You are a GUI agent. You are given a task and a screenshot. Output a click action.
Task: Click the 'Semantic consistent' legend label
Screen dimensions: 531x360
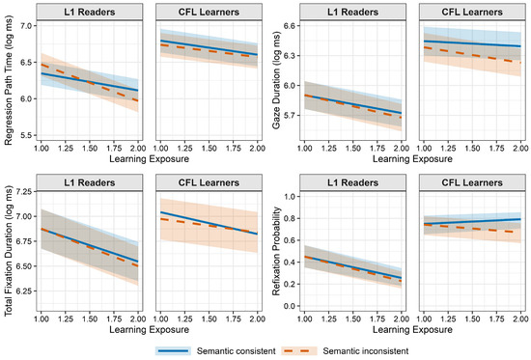pyautogui.click(x=236, y=351)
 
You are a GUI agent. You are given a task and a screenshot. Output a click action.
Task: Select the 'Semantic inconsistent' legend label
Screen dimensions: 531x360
pyautogui.click(x=365, y=351)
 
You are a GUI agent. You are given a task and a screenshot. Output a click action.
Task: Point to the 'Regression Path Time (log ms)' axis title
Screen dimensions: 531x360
pyautogui.click(x=9, y=81)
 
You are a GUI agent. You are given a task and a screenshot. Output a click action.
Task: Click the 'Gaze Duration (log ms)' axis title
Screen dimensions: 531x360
pyautogui.click(x=277, y=80)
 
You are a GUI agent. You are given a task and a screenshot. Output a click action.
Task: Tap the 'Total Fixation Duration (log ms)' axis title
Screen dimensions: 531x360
pyautogui.click(x=9, y=251)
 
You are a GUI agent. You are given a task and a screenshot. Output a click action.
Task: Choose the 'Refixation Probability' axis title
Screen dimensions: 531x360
pyautogui.click(x=277, y=251)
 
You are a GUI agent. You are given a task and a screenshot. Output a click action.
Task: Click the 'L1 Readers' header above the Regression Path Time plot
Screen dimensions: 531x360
pyautogui.click(x=90, y=13)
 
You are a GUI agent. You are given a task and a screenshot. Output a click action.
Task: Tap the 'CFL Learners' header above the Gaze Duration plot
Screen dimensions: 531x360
pyautogui.click(x=472, y=13)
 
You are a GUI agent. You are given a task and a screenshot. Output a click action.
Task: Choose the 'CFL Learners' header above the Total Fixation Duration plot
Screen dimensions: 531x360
pyautogui.click(x=209, y=182)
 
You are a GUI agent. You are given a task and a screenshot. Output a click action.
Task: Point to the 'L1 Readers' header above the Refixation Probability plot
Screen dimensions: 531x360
pyautogui.click(x=352, y=182)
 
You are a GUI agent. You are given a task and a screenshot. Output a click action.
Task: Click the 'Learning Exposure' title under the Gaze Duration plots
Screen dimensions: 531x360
pyautogui.click(x=412, y=159)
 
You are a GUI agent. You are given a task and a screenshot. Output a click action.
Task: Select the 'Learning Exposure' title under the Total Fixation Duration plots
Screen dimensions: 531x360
pyautogui.click(x=149, y=329)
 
